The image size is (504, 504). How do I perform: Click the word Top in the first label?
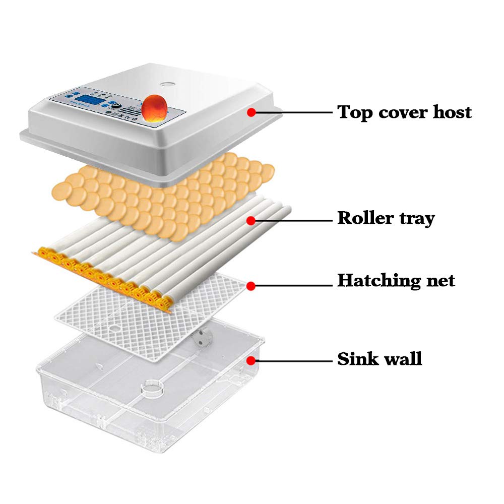pos(354,112)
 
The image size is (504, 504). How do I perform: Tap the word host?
pos(448,112)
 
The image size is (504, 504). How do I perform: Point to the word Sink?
pos(355,359)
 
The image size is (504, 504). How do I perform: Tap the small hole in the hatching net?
pos(114,328)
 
